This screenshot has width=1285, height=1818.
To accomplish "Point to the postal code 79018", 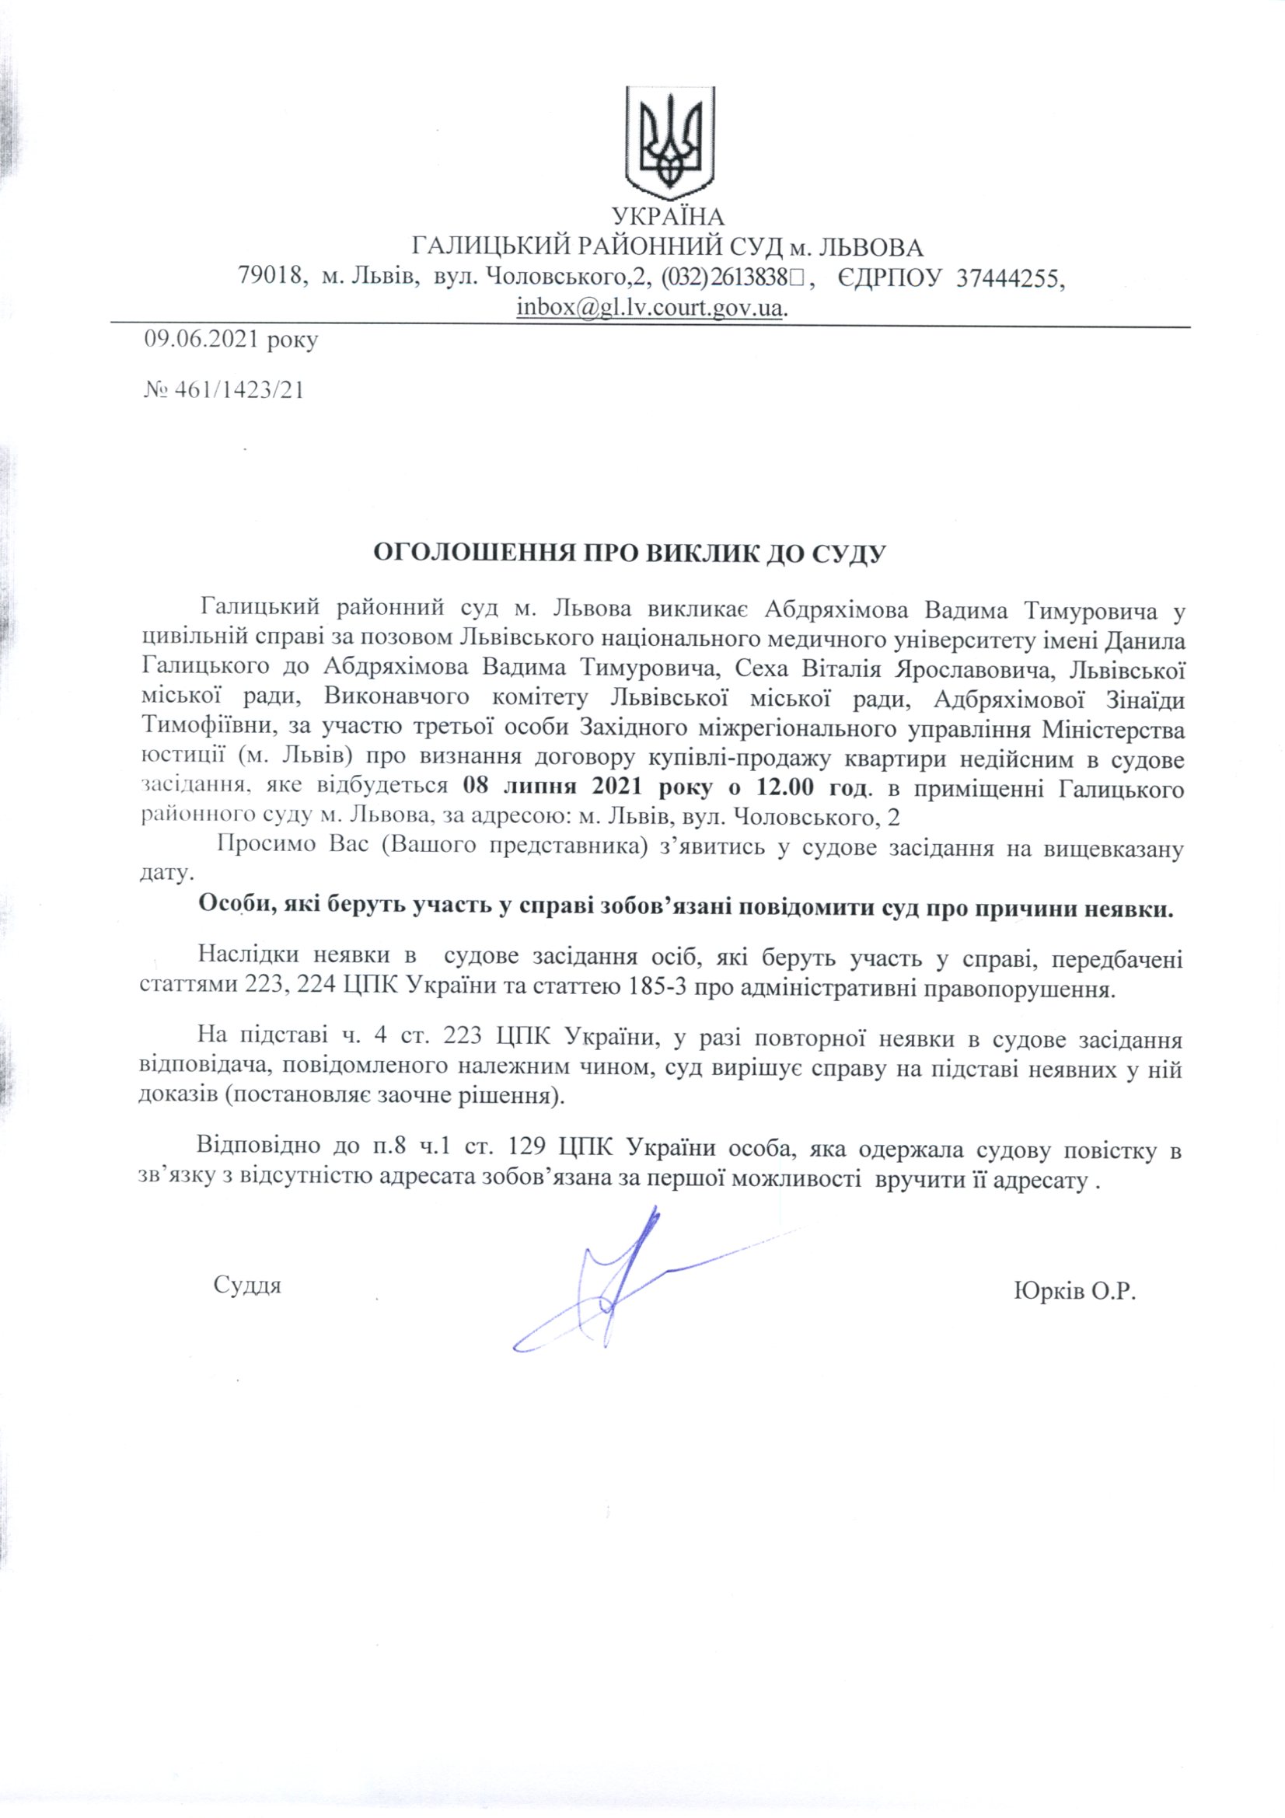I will pos(272,277).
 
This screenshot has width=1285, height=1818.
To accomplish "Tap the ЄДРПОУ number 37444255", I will pos(1008,277).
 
